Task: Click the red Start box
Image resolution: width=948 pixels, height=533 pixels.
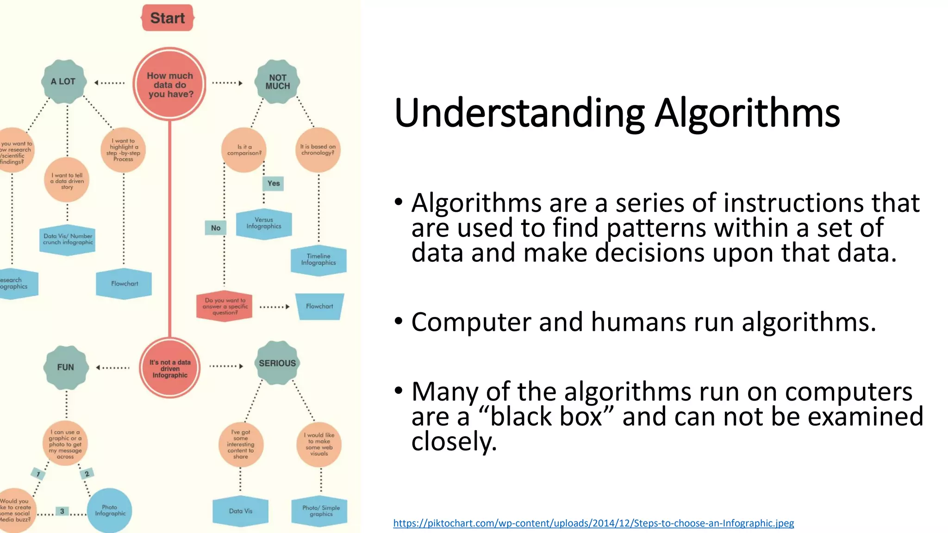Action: click(167, 18)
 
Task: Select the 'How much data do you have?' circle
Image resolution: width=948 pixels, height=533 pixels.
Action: click(170, 85)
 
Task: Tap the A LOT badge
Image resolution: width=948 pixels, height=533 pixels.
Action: click(64, 81)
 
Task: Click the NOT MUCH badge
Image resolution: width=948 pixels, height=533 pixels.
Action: click(277, 82)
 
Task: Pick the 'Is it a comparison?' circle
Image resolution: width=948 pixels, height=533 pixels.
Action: click(244, 150)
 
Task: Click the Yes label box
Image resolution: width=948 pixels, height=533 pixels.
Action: click(273, 183)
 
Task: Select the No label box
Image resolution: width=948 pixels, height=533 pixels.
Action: click(216, 228)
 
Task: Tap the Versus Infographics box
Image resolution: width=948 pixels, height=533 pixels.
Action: click(264, 223)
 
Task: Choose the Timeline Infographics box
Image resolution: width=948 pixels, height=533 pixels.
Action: click(318, 260)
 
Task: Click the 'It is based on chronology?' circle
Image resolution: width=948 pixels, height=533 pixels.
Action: click(318, 150)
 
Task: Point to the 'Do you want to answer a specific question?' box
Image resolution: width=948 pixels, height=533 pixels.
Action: click(225, 306)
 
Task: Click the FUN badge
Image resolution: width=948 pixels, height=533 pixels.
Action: click(66, 367)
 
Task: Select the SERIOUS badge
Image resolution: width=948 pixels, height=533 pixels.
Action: click(277, 363)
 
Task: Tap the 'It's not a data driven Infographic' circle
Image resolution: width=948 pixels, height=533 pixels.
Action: click(170, 368)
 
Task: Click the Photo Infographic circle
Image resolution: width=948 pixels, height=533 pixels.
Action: click(110, 510)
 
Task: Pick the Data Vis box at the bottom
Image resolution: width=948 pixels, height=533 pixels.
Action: click(240, 511)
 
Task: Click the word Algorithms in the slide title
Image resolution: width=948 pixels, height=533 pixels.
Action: click(747, 113)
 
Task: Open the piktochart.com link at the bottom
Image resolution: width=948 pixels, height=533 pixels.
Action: click(593, 523)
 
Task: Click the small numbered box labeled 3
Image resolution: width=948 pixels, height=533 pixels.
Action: click(62, 511)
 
